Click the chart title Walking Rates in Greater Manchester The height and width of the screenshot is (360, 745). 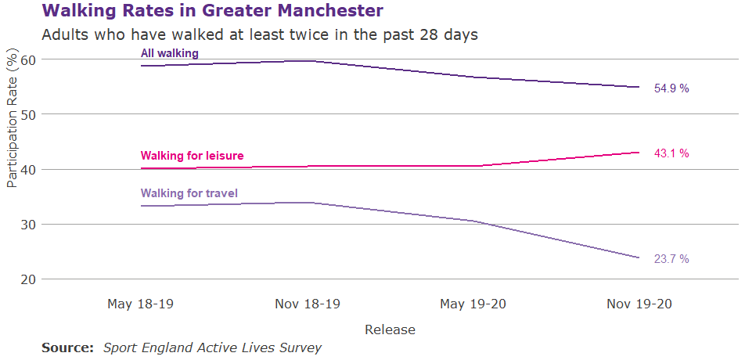point(212,11)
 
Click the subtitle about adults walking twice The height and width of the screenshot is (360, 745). point(259,35)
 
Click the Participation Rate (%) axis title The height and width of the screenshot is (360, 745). point(11,119)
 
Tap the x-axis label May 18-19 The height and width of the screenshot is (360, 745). point(141,304)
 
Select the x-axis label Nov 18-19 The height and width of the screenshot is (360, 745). point(308,304)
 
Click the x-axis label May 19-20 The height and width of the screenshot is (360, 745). point(473,304)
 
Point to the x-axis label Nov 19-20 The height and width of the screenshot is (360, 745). point(639,304)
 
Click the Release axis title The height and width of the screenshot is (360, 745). point(390,329)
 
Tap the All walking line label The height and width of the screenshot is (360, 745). point(169,53)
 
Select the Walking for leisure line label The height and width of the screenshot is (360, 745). point(192,156)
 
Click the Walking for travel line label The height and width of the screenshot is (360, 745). point(189,193)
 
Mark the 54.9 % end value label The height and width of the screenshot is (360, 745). point(671,89)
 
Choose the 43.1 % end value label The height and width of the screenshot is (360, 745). point(671,153)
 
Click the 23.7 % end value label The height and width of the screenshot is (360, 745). point(671,259)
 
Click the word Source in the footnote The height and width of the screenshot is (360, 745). point(67,347)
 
